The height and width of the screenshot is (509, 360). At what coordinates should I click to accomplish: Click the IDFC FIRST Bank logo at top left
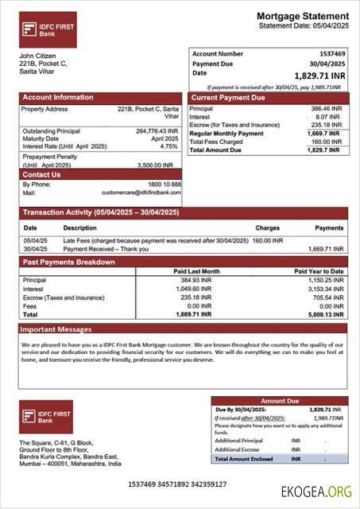click(48, 29)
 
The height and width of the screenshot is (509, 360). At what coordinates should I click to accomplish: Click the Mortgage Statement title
click(302, 16)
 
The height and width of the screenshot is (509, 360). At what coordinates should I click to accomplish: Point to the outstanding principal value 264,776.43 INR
click(157, 131)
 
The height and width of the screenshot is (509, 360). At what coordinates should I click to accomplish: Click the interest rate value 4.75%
click(168, 146)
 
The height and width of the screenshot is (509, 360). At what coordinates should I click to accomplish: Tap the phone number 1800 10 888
click(164, 185)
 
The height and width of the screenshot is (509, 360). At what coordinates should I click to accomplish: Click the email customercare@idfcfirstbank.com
click(141, 192)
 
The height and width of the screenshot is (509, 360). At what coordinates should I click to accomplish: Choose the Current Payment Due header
click(228, 98)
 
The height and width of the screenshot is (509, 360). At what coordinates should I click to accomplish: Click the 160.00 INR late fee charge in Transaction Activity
click(269, 240)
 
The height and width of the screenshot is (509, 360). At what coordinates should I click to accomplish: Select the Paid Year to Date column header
click(319, 271)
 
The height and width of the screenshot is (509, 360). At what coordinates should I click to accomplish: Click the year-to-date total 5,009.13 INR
click(326, 314)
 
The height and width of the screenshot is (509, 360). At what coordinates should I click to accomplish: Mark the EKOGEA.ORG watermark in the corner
click(315, 492)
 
